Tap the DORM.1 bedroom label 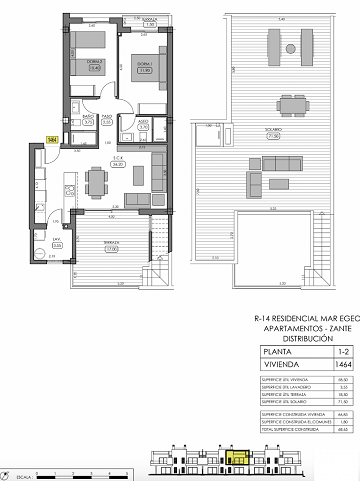144,69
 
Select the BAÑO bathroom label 88,118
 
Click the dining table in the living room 97,181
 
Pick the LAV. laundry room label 57,241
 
